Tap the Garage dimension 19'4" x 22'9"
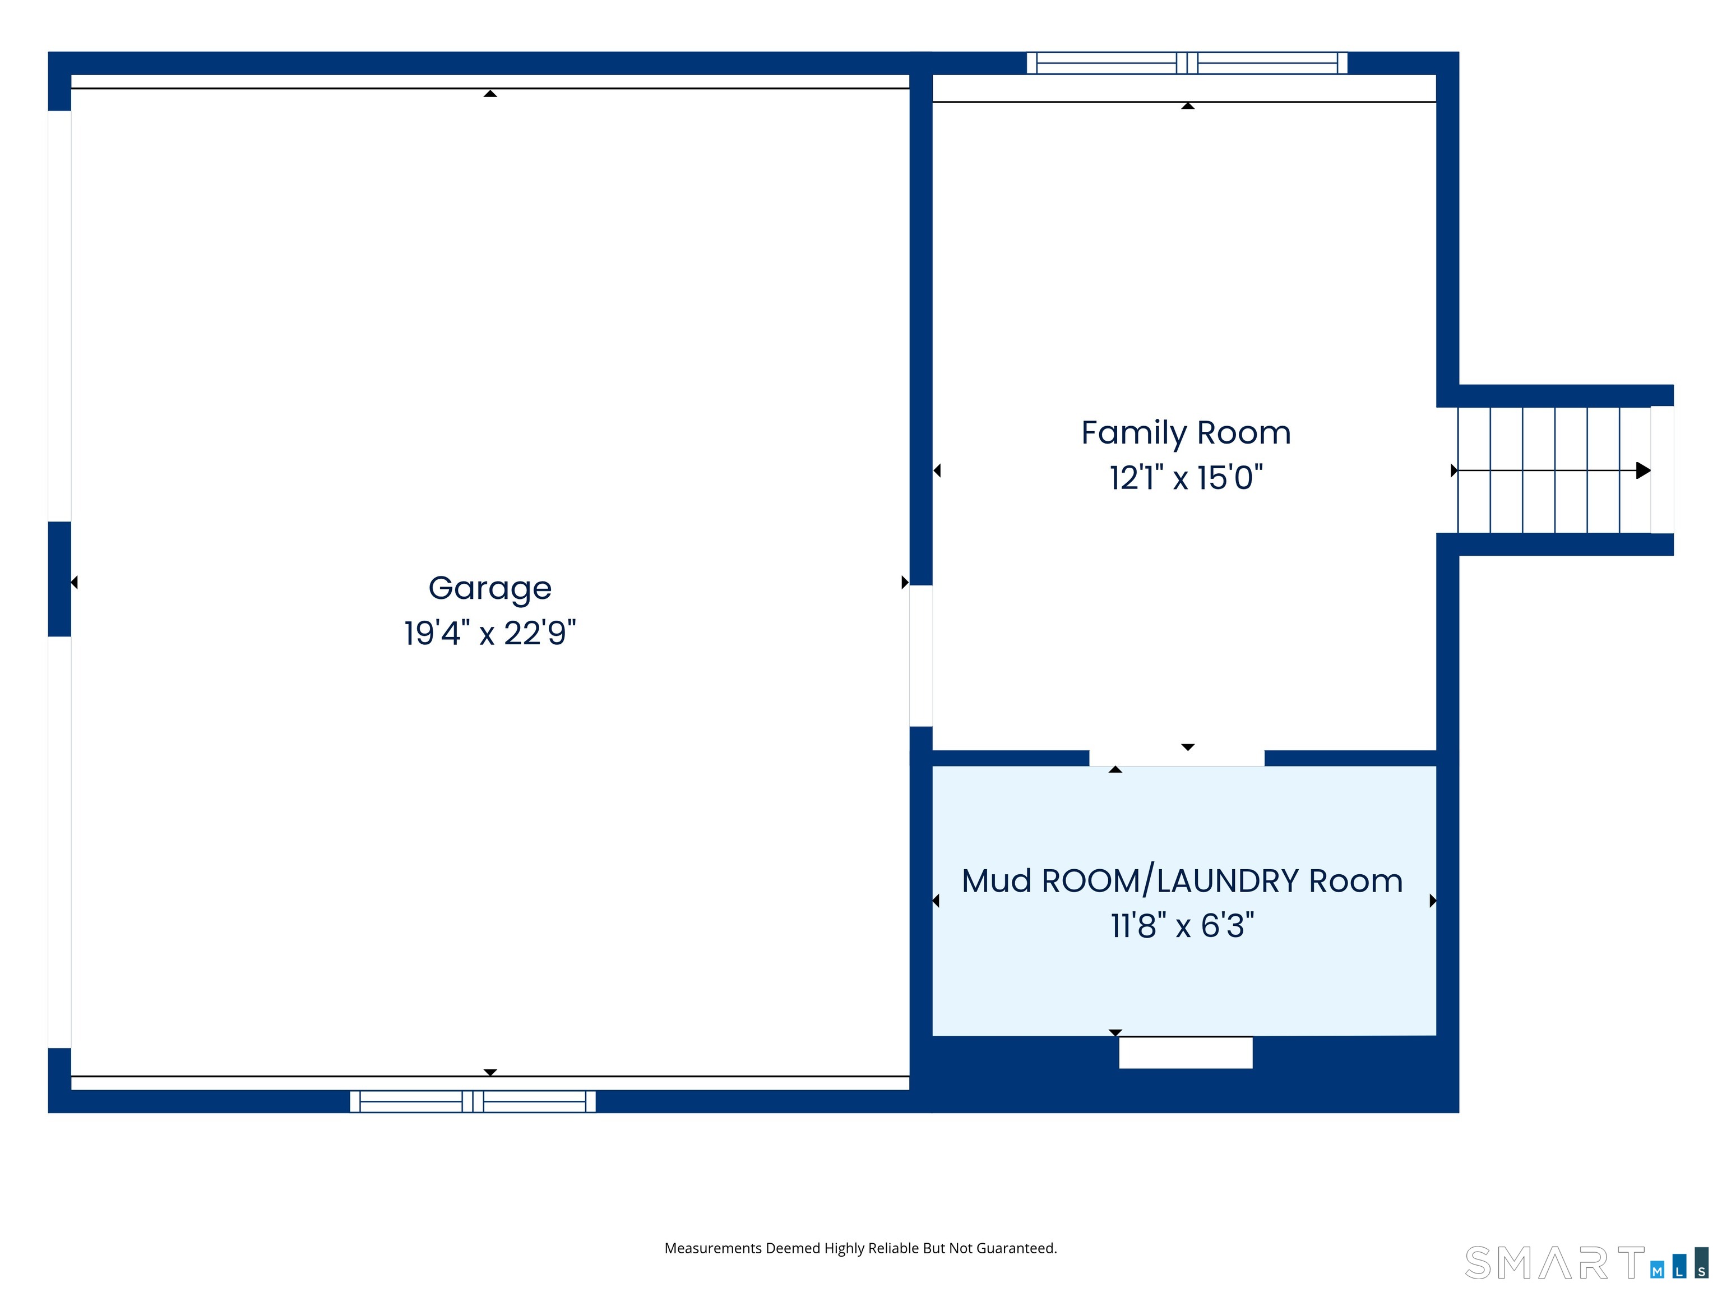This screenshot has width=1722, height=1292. [490, 633]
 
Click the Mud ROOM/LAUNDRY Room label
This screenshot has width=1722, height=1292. [1183, 881]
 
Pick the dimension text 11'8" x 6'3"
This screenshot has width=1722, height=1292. [1183, 926]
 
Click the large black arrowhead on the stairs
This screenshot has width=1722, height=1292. [1644, 470]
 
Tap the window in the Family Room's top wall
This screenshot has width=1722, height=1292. [1187, 63]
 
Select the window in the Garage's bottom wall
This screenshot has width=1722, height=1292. [473, 1101]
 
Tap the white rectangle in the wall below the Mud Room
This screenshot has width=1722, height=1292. [1186, 1053]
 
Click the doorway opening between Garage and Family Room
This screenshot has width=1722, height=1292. [921, 656]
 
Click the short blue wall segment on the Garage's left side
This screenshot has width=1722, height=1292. [60, 579]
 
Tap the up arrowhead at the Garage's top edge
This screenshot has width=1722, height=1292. [490, 94]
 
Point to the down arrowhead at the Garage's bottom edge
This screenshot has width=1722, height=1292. [490, 1072]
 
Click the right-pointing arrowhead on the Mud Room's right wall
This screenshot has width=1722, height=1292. [1433, 901]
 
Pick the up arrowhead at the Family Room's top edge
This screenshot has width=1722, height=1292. [1188, 106]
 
